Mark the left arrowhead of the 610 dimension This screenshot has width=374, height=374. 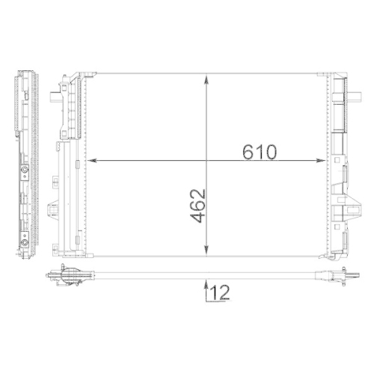coord(91,159)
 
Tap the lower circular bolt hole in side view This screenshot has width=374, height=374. coord(26,241)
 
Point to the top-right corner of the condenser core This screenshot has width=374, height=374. coord(327,73)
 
